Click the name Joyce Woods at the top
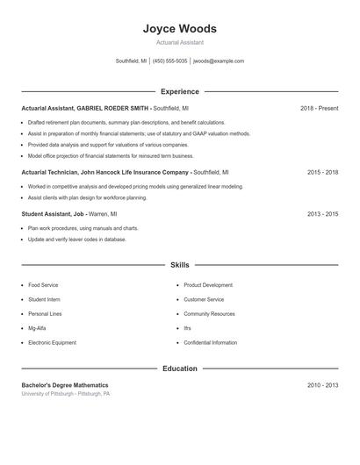click(x=179, y=28)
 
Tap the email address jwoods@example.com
click(x=219, y=61)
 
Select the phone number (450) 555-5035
click(x=170, y=61)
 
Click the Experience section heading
click(x=179, y=91)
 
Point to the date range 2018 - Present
click(x=319, y=108)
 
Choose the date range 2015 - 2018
click(x=322, y=173)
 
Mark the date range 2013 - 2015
click(x=322, y=213)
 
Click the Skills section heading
click(x=179, y=264)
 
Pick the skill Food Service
click(x=43, y=285)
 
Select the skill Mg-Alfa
click(x=38, y=328)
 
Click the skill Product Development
click(x=208, y=285)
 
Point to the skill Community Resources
click(x=209, y=314)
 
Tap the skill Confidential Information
click(x=210, y=342)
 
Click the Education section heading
click(x=179, y=368)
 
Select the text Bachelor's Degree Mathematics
click(x=65, y=385)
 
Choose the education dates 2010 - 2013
click(x=322, y=385)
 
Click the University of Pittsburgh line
click(x=65, y=394)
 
